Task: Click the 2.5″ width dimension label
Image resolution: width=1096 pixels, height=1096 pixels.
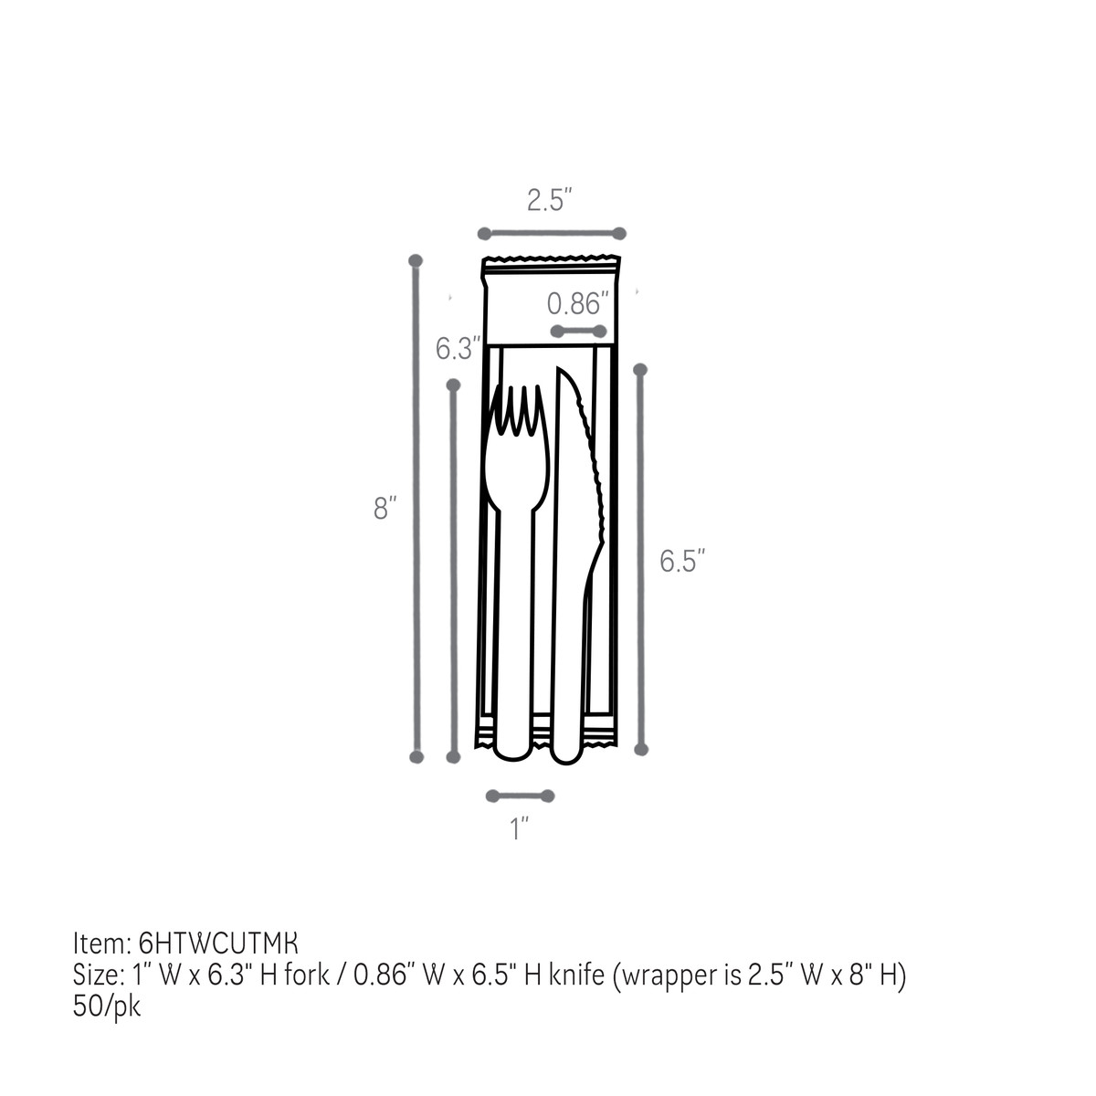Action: tap(549, 200)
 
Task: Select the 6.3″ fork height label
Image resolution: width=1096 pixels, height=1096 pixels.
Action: tap(457, 349)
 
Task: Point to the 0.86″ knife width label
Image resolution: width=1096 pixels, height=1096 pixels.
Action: tap(577, 303)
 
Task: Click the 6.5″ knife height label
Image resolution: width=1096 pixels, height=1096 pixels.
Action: tap(683, 561)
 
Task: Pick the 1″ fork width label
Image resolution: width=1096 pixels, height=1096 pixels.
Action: tap(520, 829)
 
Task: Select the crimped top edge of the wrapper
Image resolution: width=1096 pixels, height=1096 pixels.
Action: tap(551, 263)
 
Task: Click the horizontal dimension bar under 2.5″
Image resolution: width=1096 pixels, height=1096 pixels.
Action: tap(552, 233)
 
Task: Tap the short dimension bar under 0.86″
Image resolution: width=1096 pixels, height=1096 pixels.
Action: tap(578, 331)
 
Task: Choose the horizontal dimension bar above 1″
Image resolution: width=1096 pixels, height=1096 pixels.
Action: tap(520, 796)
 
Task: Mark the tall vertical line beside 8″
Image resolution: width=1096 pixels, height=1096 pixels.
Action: tap(416, 508)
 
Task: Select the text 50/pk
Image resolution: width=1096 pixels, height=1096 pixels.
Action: tap(107, 1006)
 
